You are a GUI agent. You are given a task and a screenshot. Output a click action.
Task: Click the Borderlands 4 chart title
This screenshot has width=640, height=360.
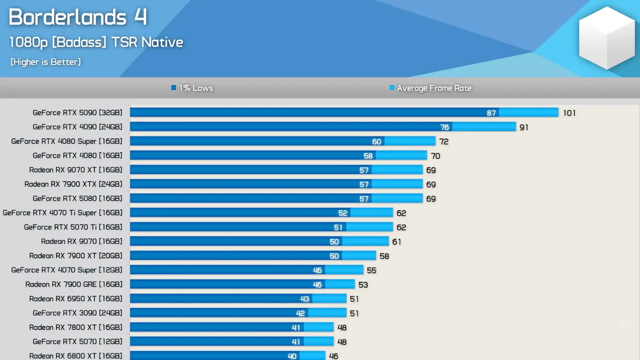point(78,17)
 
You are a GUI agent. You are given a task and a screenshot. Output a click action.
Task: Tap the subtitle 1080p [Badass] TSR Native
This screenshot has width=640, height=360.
point(96,42)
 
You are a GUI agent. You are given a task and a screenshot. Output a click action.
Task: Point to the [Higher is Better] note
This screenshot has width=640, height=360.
point(46,62)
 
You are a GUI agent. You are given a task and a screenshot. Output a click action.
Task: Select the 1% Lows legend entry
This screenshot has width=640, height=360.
point(192,88)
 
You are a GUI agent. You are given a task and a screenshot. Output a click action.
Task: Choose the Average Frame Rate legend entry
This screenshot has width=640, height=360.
point(431,88)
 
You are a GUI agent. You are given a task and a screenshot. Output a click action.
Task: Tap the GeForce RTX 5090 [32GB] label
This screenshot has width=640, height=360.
point(77,113)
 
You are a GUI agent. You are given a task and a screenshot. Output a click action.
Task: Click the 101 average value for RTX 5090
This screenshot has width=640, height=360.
point(569,113)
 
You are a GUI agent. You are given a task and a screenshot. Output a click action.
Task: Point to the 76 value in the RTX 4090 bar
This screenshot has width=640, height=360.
point(444,127)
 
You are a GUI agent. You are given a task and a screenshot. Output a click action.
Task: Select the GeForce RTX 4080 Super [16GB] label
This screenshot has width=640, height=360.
point(67,141)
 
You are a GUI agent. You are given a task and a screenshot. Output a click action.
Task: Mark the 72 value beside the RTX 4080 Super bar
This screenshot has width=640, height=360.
point(444,142)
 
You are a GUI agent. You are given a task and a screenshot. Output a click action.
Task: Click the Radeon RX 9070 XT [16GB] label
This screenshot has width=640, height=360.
point(76,170)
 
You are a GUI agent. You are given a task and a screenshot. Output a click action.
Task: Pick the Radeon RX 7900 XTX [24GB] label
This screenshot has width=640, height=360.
point(73,184)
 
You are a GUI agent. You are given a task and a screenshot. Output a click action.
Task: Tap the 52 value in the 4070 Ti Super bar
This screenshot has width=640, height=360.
point(343,213)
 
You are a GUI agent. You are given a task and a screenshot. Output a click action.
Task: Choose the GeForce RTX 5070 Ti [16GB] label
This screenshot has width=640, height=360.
point(73,227)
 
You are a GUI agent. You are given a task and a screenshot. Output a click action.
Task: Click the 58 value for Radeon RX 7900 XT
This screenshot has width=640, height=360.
point(384,256)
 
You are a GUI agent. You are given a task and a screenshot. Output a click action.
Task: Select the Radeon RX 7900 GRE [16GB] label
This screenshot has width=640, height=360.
point(73,284)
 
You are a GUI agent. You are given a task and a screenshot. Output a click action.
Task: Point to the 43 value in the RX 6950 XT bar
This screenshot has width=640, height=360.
point(304,299)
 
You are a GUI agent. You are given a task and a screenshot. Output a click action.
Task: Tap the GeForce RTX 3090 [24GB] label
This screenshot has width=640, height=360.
point(77,313)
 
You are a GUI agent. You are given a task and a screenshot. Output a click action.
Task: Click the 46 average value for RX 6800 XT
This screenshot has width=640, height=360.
point(333,356)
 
